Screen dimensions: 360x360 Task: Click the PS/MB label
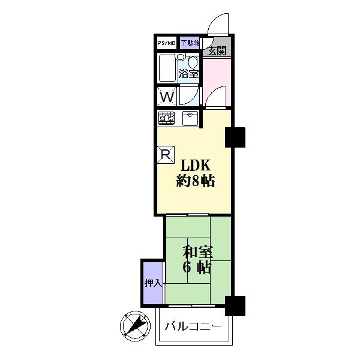(x=167, y=43)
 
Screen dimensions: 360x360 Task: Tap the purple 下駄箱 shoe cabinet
(x=189, y=43)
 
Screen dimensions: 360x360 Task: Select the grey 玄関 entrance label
(x=217, y=50)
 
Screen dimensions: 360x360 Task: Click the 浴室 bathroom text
(x=188, y=74)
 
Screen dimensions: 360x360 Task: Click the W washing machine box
(x=167, y=96)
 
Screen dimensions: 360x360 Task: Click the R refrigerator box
(x=165, y=154)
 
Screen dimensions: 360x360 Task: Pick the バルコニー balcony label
(x=194, y=326)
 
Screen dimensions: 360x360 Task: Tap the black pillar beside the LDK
(x=235, y=138)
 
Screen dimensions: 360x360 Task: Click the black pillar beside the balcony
(x=235, y=306)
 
